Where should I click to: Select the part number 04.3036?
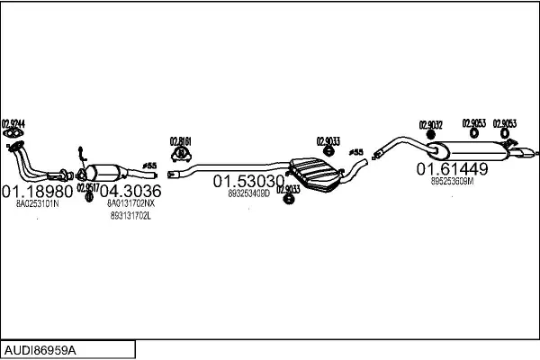[130, 192]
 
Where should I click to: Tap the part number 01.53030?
[248, 181]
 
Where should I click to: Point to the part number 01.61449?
[451, 168]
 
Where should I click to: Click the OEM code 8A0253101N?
[37, 204]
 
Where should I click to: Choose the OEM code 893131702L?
[130, 216]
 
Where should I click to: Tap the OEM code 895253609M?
[452, 180]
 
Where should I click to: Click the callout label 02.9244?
[13, 123]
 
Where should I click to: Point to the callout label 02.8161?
[181, 140]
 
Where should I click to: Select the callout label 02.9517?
[87, 188]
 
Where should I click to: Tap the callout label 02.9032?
[430, 125]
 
